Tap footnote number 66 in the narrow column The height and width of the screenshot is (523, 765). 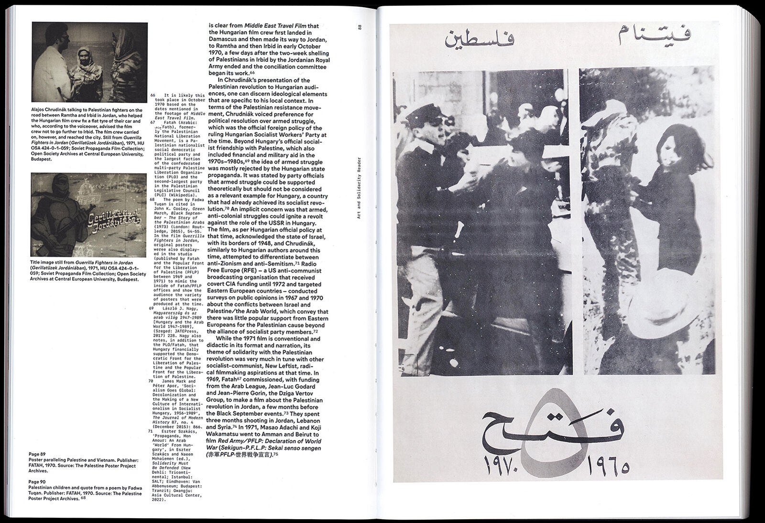coord(153,96)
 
